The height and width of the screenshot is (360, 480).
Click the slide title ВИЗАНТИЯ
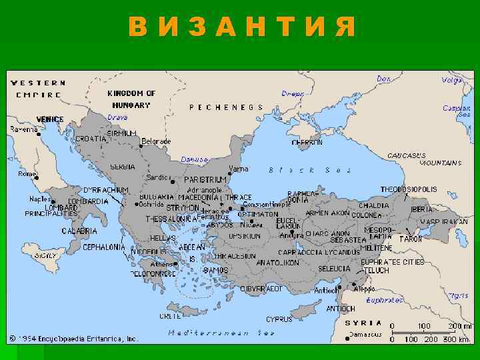click(241, 27)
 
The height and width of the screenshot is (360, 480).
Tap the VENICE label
click(50, 119)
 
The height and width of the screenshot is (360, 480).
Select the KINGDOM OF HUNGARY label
click(131, 99)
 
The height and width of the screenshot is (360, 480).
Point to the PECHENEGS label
click(226, 107)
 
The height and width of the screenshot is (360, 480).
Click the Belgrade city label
click(157, 141)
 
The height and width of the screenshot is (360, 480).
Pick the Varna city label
click(238, 169)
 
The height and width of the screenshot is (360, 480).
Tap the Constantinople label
click(265, 204)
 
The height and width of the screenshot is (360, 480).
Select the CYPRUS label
click(279, 319)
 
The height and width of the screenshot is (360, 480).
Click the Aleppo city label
click(365, 289)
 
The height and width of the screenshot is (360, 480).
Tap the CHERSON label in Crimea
click(307, 142)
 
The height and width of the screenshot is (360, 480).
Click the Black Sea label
click(309, 170)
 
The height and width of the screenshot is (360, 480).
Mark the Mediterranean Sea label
click(221, 332)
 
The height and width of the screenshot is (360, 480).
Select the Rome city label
click(27, 173)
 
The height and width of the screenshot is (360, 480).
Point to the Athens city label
click(162, 264)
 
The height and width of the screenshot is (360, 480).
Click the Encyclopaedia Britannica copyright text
click(73, 338)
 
